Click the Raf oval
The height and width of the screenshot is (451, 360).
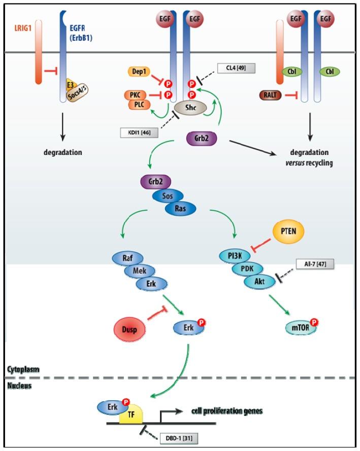point(127,257)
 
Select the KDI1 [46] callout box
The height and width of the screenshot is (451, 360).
point(139,133)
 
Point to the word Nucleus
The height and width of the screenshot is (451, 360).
point(20,385)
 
